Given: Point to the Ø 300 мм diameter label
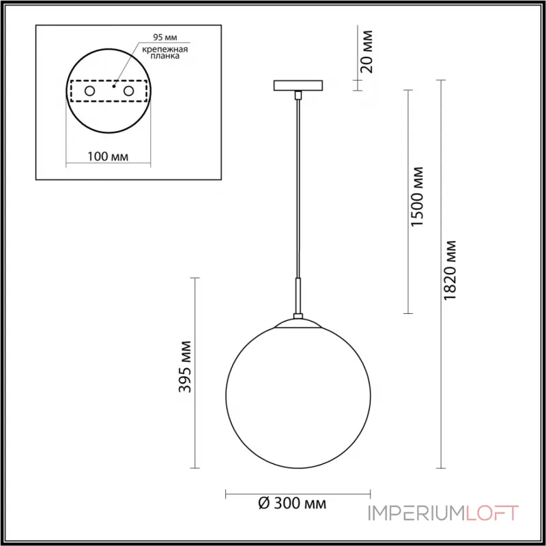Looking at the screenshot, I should (x=293, y=504).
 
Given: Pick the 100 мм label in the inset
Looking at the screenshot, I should (x=108, y=157).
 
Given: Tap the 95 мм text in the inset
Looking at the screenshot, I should (x=154, y=39).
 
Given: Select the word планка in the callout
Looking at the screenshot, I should (x=162, y=58).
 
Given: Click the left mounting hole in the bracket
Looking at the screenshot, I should (x=89, y=91).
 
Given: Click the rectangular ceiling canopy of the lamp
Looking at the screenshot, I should (x=298, y=86).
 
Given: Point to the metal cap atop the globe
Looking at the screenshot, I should (x=298, y=323).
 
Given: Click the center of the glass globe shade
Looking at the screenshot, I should (x=298, y=394).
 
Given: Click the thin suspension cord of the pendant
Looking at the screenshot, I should (x=298, y=191).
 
